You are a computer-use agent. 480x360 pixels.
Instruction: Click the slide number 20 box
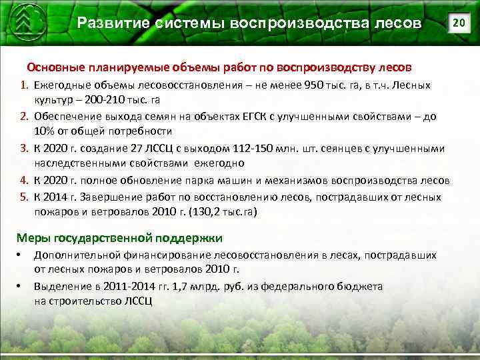pos(457,23)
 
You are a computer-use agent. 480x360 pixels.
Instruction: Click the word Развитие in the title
pos(109,23)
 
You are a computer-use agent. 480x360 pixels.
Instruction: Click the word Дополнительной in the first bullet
pos(74,255)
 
